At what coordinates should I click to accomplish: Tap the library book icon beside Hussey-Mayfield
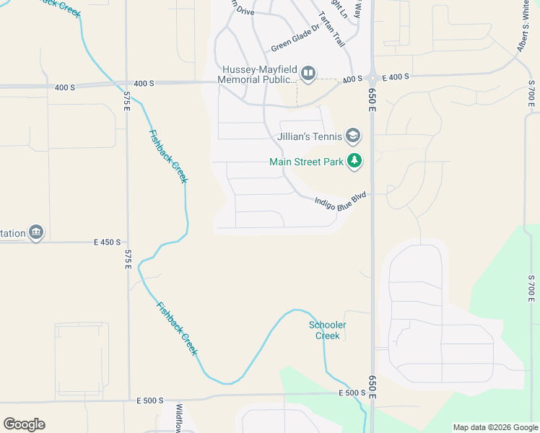[x=308, y=73]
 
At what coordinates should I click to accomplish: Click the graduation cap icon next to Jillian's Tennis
[x=353, y=136]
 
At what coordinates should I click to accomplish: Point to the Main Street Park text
[x=306, y=162]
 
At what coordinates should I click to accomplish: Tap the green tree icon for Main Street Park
[x=354, y=161]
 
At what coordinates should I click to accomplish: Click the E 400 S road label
[x=395, y=76]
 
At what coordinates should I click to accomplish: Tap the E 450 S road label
[x=107, y=242]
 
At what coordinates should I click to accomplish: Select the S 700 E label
[x=531, y=288]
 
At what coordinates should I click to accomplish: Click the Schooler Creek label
[x=328, y=331]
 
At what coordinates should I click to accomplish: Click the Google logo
[x=24, y=424]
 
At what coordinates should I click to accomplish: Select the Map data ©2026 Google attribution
[x=495, y=427]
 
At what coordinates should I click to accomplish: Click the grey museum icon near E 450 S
[x=36, y=233]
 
